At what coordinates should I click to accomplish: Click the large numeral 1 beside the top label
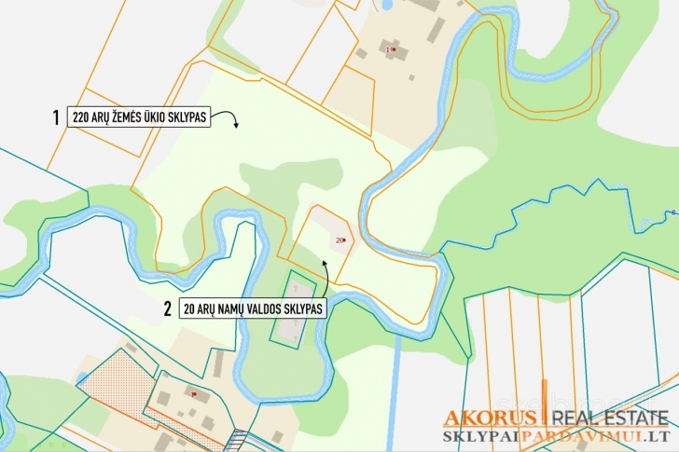tap(56, 118)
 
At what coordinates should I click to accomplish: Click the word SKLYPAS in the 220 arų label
tap(187, 118)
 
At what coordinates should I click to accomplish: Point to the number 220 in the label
tap(81, 118)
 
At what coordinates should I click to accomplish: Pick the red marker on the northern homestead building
tap(394, 48)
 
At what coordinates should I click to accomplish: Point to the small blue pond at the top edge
tap(385, 5)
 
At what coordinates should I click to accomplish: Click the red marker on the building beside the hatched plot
tap(193, 395)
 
